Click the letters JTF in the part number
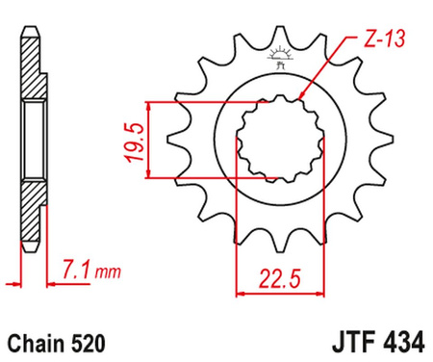[336, 341]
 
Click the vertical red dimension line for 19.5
[146, 140]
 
